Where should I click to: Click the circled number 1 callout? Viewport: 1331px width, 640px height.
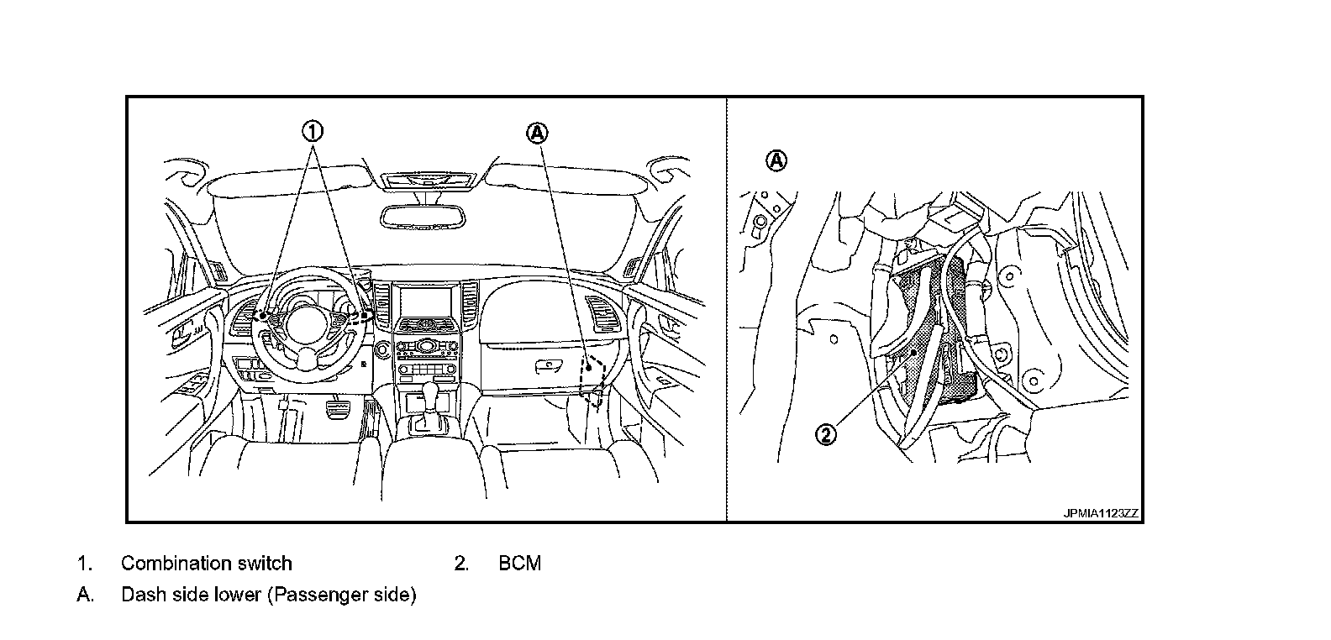point(312,131)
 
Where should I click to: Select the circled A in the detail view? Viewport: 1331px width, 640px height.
point(778,160)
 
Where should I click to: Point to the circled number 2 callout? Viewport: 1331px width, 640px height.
point(828,434)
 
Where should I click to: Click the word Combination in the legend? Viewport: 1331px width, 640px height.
point(171,564)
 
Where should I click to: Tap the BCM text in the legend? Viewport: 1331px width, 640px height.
point(520,564)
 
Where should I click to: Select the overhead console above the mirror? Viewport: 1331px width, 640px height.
point(427,179)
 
